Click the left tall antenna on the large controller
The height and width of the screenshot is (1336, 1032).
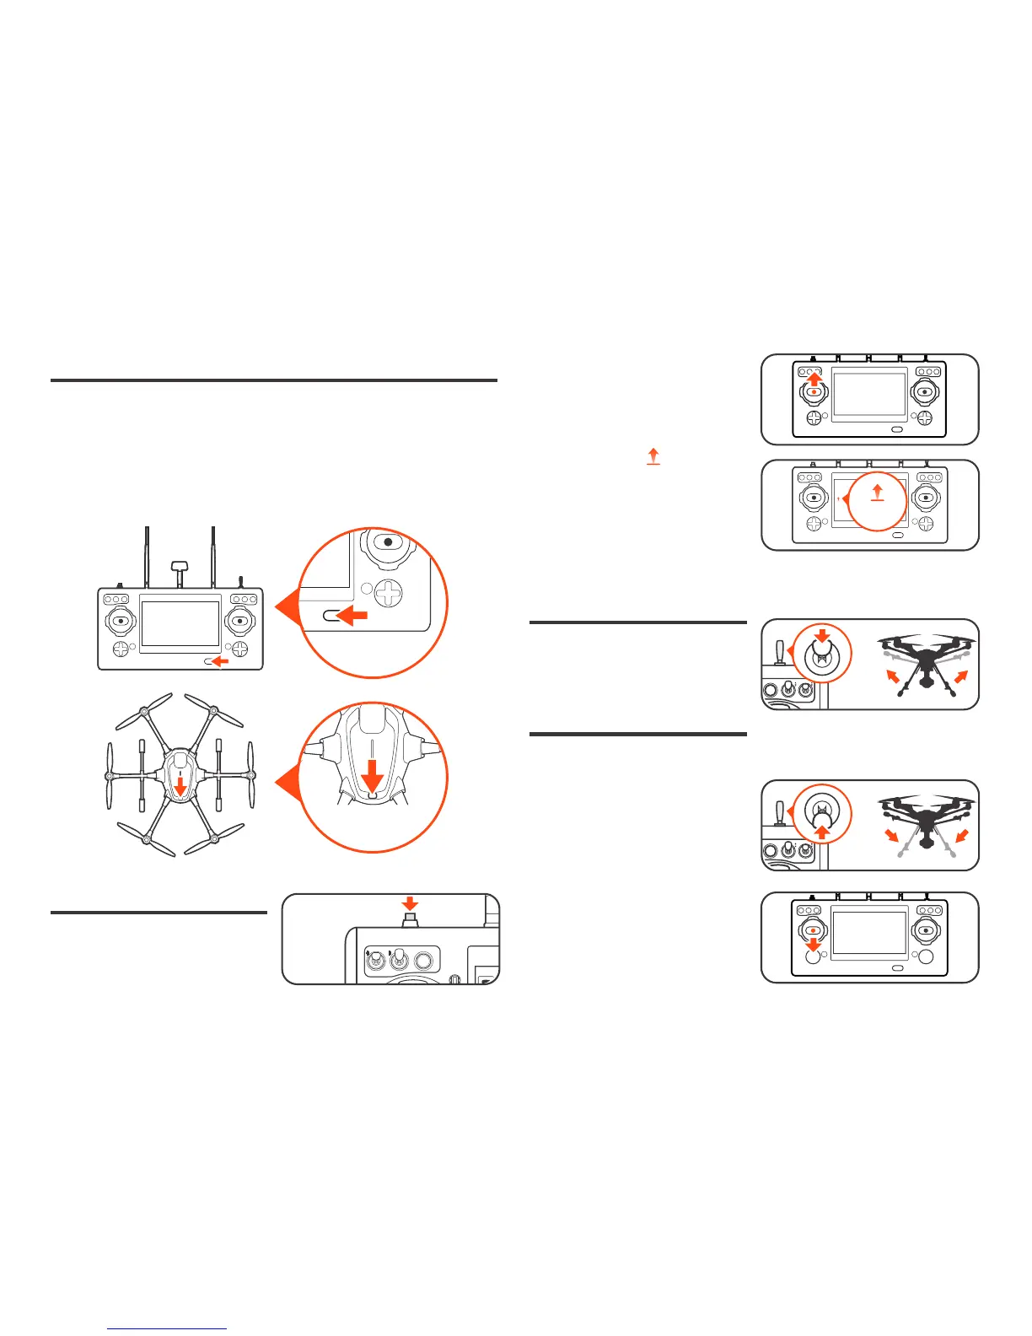tap(148, 557)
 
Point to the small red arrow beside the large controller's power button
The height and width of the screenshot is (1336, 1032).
tap(221, 662)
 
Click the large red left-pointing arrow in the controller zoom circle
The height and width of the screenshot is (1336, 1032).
tap(352, 617)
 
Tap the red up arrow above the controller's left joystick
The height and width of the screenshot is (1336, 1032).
tap(814, 380)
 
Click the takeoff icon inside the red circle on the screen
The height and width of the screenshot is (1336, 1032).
tap(877, 494)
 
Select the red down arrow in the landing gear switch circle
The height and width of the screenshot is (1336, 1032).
tap(824, 634)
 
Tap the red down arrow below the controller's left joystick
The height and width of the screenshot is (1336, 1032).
tap(814, 945)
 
